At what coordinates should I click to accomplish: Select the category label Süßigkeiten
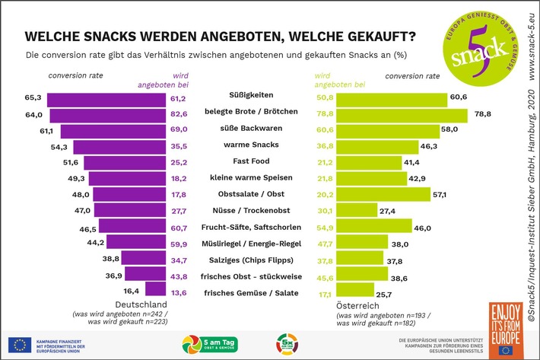coord(253,97)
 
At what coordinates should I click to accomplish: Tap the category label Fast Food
coord(253,162)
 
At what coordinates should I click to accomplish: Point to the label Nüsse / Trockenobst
coord(253,210)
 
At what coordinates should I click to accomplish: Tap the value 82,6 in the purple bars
coord(179,113)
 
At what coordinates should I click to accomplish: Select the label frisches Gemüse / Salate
coord(253,292)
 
